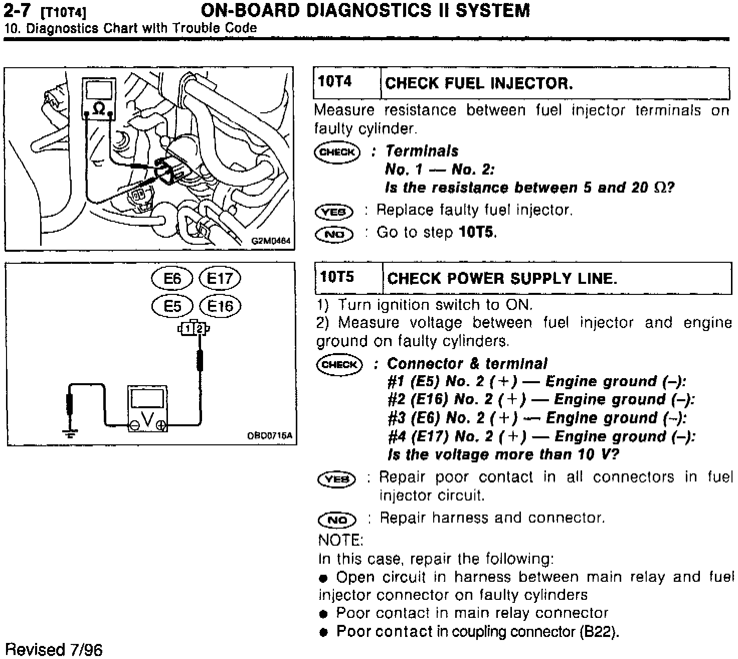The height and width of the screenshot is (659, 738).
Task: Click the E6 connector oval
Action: coord(172,278)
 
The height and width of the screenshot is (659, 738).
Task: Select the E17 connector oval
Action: coord(220,278)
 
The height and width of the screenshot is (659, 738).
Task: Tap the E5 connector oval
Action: coord(172,306)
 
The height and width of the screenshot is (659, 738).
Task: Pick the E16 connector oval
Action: coord(220,306)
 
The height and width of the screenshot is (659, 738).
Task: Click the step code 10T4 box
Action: coord(335,82)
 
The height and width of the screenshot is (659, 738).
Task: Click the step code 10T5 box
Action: coord(337,277)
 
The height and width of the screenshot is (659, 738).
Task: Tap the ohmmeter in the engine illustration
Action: coord(99,99)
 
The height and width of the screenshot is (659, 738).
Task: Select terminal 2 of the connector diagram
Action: coord(200,329)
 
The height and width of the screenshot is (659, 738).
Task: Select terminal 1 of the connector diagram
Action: coord(187,329)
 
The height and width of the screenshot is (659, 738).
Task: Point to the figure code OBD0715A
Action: coord(269,436)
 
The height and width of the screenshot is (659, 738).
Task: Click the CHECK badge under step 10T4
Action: coord(337,152)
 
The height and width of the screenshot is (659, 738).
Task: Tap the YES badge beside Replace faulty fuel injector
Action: coord(334,212)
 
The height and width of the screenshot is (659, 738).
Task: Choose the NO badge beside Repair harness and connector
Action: coord(337,520)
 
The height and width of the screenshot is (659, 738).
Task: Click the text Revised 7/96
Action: coord(54,649)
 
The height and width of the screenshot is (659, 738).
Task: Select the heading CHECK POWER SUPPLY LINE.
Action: coord(502,278)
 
